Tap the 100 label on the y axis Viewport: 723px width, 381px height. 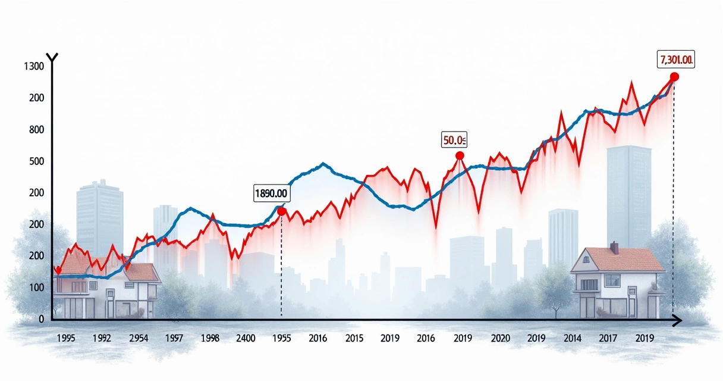pyautogui.click(x=36, y=288)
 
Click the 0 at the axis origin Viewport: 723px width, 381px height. pyautogui.click(x=41, y=319)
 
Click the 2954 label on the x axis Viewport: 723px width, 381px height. pyautogui.click(x=138, y=338)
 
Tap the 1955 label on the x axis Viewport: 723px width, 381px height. pyautogui.click(x=281, y=338)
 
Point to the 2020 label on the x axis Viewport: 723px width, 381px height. pyautogui.click(x=501, y=338)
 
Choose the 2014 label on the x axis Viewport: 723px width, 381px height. pyautogui.click(x=571, y=338)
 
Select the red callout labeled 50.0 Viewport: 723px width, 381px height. pyautogui.click(x=454, y=140)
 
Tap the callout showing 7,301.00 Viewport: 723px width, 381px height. pyautogui.click(x=677, y=60)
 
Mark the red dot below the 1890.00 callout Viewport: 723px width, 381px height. pyautogui.click(x=282, y=211)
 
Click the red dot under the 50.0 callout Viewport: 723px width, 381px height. pyautogui.click(x=460, y=155)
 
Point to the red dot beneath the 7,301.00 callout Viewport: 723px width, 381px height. pyautogui.click(x=674, y=77)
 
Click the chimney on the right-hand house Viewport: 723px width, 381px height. pyautogui.click(x=614, y=247)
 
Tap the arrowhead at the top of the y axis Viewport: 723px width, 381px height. pyautogui.click(x=52, y=57)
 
